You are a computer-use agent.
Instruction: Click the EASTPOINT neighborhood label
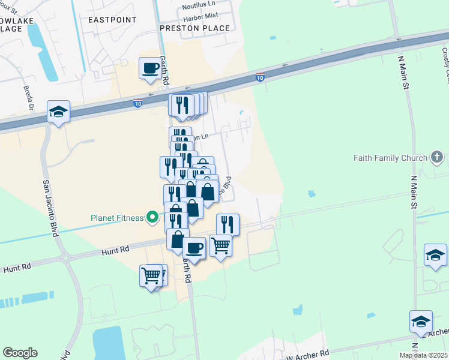tap(112, 20)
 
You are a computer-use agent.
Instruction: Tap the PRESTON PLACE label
tap(194, 28)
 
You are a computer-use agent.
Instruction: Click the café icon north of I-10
tap(150, 68)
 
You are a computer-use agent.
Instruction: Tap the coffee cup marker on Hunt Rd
tap(193, 247)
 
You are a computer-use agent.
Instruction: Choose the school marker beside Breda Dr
tap(58, 112)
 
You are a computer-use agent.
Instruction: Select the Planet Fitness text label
tap(117, 217)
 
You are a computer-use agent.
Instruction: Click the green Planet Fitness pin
tap(153, 217)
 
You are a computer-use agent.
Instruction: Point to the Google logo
tap(20, 353)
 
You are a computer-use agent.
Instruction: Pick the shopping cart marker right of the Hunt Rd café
tap(220, 245)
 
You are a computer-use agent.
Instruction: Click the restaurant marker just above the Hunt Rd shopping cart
tap(228, 224)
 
